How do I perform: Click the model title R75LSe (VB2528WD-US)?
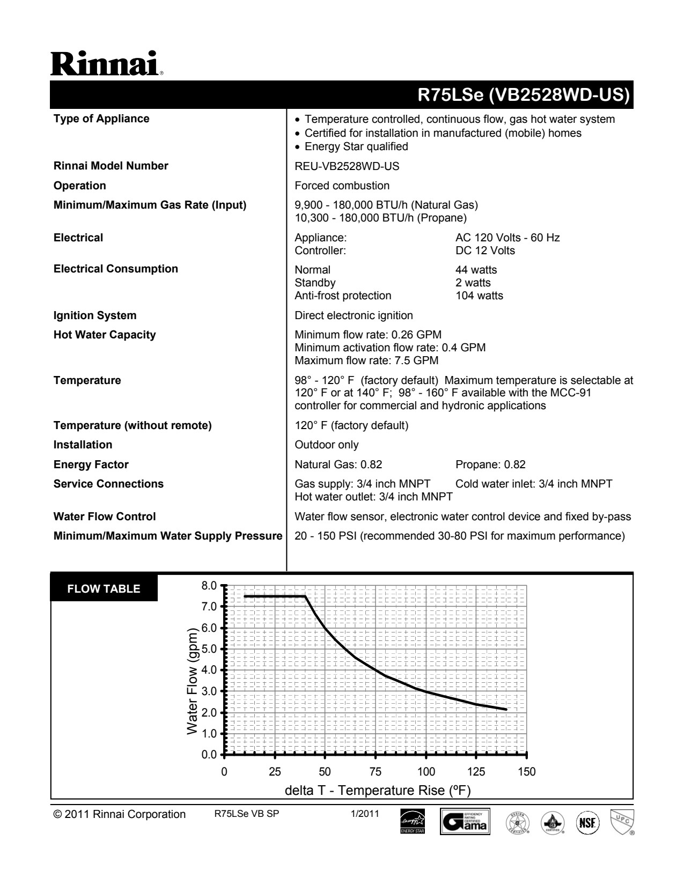(x=523, y=95)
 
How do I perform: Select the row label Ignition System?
(x=95, y=315)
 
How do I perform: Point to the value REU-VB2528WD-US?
(x=347, y=166)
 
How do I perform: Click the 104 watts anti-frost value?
(x=479, y=296)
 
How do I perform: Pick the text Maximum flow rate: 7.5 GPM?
(x=366, y=360)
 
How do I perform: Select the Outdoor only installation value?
(x=327, y=445)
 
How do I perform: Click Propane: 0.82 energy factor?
(x=490, y=464)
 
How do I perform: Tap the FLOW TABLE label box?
(x=104, y=589)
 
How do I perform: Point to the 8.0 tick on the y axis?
(x=209, y=585)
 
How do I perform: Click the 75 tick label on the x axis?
(x=376, y=772)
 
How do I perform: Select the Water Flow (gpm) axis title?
(x=193, y=681)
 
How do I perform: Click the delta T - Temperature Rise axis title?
(x=378, y=791)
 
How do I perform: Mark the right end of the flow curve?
(x=506, y=710)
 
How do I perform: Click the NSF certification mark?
(x=587, y=822)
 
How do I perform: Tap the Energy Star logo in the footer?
(x=412, y=822)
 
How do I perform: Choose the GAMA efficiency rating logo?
(x=465, y=822)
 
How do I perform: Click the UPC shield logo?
(x=622, y=822)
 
